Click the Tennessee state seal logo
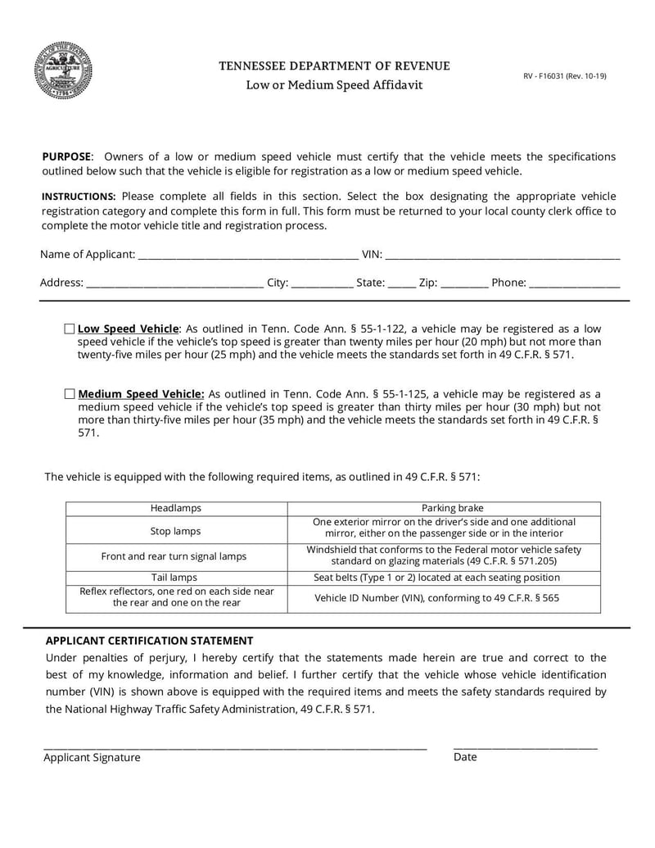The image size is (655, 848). (x=63, y=70)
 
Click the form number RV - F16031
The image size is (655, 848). (x=565, y=76)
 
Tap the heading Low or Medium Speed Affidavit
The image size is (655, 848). (x=335, y=85)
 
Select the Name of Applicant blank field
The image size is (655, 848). (x=247, y=255)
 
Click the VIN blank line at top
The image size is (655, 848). (x=502, y=255)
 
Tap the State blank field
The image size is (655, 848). (x=401, y=283)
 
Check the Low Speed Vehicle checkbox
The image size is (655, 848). (x=70, y=329)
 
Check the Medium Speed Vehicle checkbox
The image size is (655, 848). (x=70, y=393)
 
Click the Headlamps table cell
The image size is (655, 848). (x=176, y=509)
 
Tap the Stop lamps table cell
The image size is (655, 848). (x=176, y=530)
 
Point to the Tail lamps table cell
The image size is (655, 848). (x=176, y=578)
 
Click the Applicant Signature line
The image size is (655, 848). (x=235, y=746)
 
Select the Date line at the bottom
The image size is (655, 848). (x=525, y=746)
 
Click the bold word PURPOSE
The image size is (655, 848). (x=66, y=156)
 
